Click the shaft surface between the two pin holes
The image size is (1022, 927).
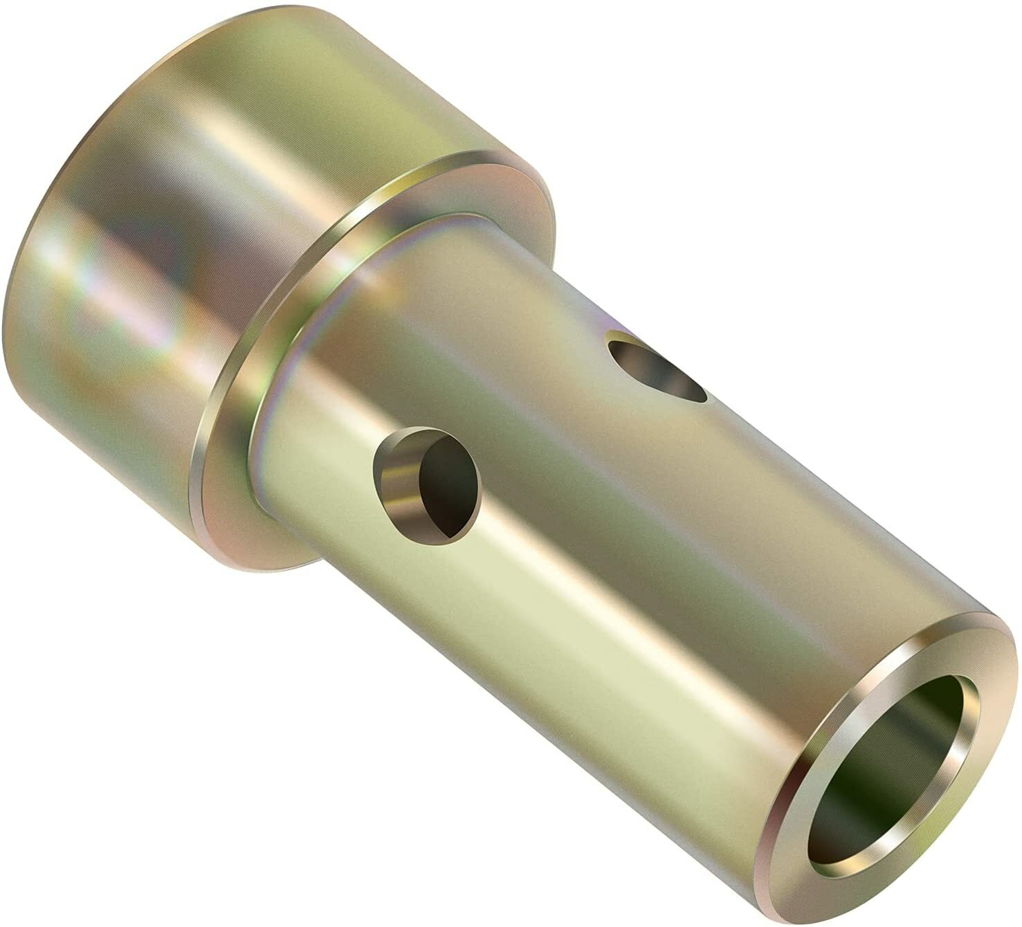coord(540,422)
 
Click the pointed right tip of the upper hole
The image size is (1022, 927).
coord(704,397)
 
